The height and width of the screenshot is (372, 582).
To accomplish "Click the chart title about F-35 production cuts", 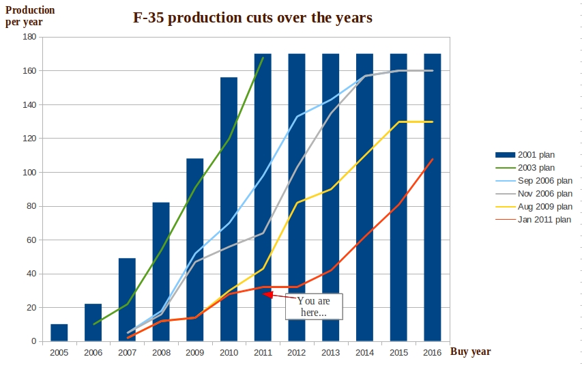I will tap(252, 18).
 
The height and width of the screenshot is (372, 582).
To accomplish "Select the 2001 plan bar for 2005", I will tap(59, 332).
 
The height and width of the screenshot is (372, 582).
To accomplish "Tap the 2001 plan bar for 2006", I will tap(93, 323).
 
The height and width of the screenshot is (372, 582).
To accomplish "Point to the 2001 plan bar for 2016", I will tap(432, 197).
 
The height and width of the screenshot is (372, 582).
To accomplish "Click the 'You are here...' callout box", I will tap(314, 306).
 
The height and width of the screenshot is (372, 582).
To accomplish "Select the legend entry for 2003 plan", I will tap(536, 168).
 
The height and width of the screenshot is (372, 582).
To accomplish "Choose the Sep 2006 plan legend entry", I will tap(544, 181).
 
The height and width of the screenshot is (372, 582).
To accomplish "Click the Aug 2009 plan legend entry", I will tap(544, 207).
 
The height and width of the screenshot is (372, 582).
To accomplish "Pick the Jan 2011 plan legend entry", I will tap(544, 220).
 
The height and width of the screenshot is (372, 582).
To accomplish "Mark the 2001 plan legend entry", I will tap(536, 155).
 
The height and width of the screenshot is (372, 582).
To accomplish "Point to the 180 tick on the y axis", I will tap(30, 37).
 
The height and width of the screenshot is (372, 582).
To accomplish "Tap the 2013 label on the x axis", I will tap(330, 352).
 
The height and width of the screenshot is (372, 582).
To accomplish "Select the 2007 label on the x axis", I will tap(127, 352).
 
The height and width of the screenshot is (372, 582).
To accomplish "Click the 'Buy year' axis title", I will tap(470, 352).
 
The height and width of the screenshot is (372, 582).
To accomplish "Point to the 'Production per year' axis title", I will tap(30, 16).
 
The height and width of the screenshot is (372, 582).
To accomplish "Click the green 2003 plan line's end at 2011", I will tap(263, 58).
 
